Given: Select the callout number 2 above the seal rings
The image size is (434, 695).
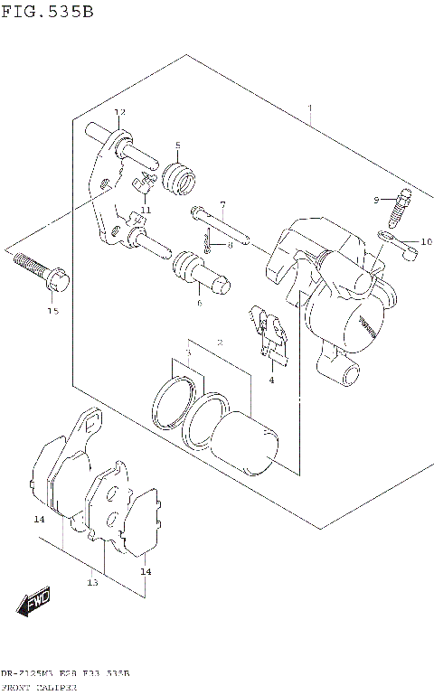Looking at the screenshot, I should point(220,343).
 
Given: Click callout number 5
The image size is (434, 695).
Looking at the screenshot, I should point(178,146).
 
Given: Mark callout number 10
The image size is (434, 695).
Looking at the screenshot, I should point(426,241).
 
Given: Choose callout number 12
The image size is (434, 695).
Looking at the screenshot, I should point(118,111).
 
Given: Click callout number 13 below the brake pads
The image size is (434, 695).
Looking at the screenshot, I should point(92,583).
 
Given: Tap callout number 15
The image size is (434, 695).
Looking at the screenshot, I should point(52,312).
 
